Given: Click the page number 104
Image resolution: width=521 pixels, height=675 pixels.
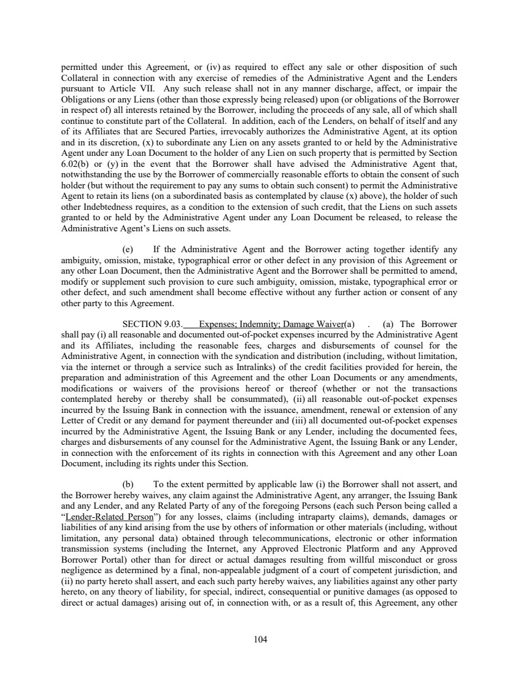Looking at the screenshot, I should point(260,639).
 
